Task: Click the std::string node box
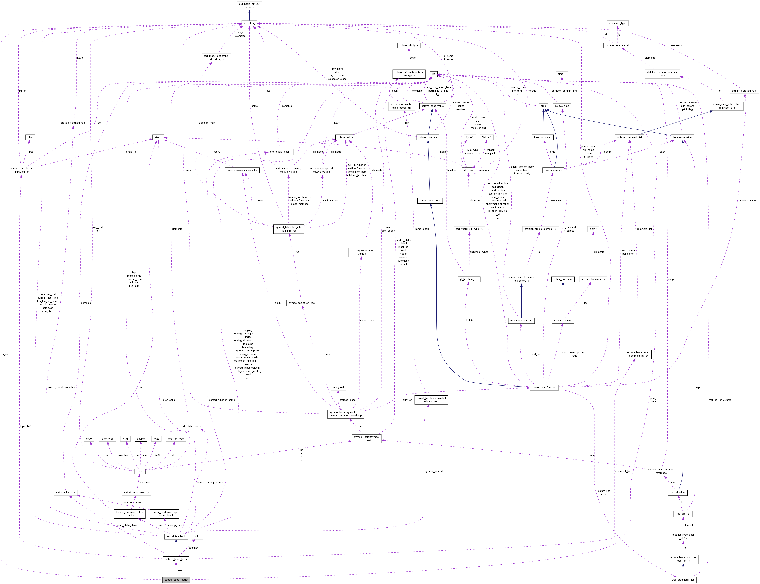pyautogui.click(x=249, y=23)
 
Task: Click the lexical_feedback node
pyautogui.click(x=176, y=536)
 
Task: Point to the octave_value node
pyautogui.click(x=345, y=137)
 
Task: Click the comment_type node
pyautogui.click(x=617, y=23)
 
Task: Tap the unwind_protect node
pyautogui.click(x=562, y=320)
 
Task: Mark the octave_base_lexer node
pyautogui.click(x=176, y=559)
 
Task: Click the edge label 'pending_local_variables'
pyautogui.click(x=61, y=387)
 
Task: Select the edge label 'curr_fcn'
pyautogui.click(x=408, y=400)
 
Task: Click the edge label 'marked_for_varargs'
pyautogui.click(x=720, y=400)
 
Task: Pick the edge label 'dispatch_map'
pyautogui.click(x=207, y=123)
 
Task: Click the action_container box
pyautogui.click(x=562, y=279)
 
